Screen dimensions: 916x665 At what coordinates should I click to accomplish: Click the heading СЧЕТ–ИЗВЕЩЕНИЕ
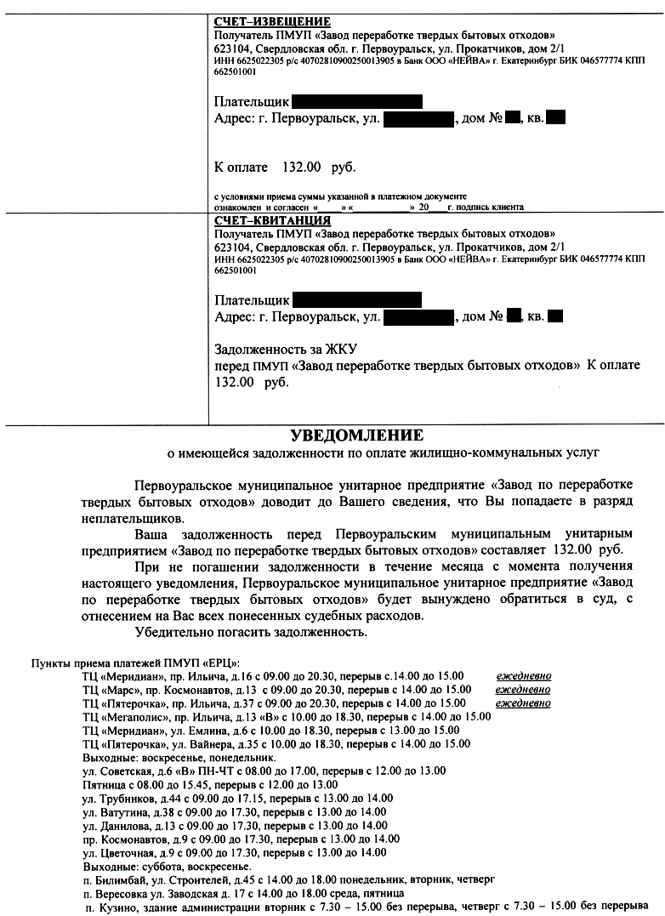click(272, 21)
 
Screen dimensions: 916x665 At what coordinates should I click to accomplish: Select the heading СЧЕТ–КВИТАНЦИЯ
click(272, 221)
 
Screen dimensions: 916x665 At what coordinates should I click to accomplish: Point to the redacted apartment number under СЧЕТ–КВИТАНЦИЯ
click(555, 317)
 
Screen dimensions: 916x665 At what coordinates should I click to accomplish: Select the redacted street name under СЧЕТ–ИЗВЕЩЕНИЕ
click(419, 118)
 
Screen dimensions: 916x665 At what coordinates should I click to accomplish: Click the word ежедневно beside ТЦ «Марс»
click(523, 690)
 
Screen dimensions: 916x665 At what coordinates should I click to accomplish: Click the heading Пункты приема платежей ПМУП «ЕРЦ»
click(136, 663)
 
